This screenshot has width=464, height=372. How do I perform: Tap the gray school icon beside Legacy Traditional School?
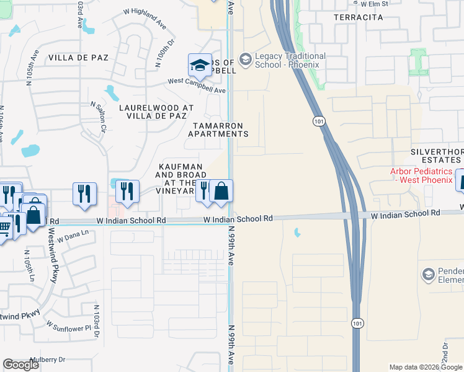click(245, 60)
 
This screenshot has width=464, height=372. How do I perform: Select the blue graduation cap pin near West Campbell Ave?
click(200, 66)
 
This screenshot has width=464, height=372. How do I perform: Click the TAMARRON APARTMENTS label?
click(218, 129)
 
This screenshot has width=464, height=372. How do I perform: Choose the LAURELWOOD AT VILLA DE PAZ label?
click(156, 112)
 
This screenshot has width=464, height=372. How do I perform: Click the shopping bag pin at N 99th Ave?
click(221, 192)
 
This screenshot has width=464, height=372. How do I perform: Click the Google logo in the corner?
click(20, 365)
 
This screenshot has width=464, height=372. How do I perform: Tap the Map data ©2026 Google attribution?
click(426, 367)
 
